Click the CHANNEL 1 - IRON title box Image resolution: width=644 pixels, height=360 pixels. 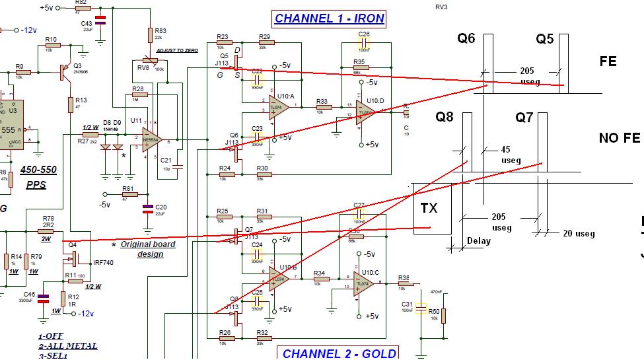click(x=328, y=18)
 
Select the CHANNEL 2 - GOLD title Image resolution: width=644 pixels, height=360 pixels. click(x=340, y=353)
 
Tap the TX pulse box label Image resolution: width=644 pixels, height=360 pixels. click(x=429, y=209)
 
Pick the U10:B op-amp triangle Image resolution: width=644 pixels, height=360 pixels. click(x=278, y=279)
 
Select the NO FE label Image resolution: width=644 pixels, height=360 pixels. click(x=619, y=138)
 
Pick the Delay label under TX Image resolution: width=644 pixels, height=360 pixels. click(x=478, y=241)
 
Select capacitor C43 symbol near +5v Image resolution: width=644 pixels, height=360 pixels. click(x=100, y=20)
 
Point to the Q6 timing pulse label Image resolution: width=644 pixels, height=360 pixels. click(x=466, y=39)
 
